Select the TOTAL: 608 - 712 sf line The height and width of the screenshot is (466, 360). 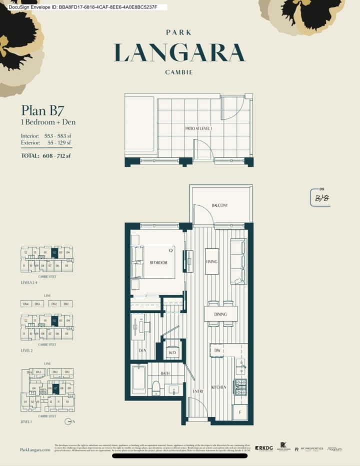point(46,156)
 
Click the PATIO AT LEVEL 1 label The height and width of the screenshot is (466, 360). point(198,128)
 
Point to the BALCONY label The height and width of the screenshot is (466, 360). point(219,205)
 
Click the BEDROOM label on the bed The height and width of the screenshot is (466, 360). point(158,263)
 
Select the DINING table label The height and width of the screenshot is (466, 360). point(220,314)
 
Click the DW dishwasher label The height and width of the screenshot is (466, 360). point(217,351)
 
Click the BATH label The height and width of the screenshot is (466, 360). point(166,373)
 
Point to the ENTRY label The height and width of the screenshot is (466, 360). point(198,392)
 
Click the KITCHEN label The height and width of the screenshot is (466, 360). point(219,387)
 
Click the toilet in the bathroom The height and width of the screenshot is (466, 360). point(155,388)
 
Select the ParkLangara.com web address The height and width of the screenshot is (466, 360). point(35,450)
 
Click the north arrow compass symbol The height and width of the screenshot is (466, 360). point(68,422)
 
